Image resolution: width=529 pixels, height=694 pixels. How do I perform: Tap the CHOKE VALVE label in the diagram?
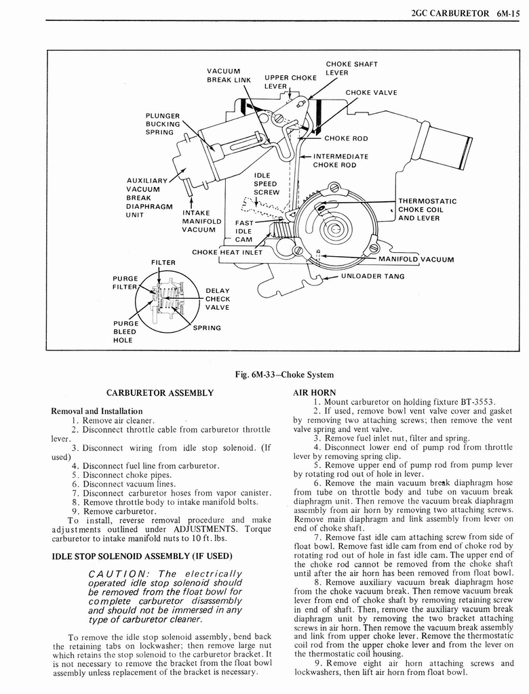[371, 93]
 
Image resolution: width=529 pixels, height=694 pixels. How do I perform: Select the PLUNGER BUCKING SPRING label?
[163, 123]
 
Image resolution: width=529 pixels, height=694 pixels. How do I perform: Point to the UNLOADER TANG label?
[372, 276]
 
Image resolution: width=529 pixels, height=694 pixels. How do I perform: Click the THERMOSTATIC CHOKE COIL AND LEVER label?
[427, 209]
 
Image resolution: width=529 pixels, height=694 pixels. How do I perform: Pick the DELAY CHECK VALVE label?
[218, 299]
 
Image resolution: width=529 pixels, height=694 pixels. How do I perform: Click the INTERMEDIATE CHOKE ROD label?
[340, 160]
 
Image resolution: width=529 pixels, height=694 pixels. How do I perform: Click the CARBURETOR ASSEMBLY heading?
[161, 392]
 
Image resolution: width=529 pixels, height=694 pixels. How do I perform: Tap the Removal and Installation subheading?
[97, 411]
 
